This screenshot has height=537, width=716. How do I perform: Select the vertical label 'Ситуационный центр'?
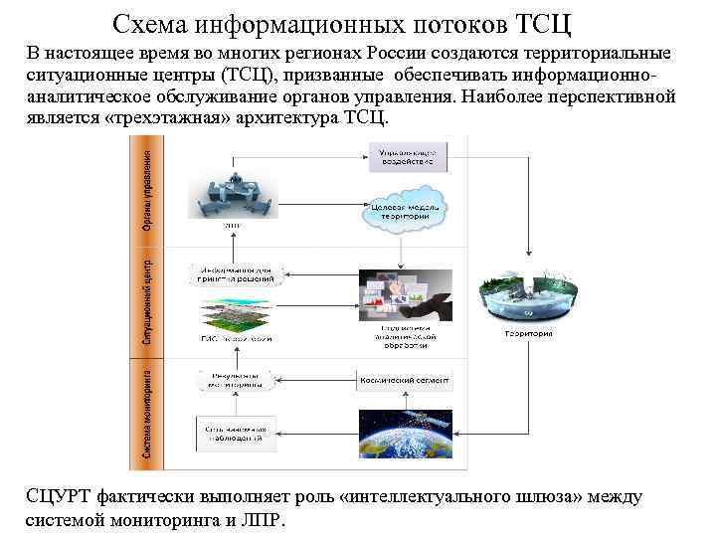(x=146, y=303)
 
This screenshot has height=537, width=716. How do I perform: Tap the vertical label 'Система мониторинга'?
(x=146, y=417)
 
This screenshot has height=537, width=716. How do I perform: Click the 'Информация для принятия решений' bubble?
(x=235, y=273)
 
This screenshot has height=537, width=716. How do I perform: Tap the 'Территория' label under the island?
(x=527, y=334)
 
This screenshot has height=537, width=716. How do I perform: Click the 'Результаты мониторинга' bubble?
(x=235, y=380)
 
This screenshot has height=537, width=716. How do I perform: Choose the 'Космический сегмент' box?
(x=404, y=380)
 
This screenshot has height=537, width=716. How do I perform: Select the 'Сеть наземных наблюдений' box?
(x=235, y=432)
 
